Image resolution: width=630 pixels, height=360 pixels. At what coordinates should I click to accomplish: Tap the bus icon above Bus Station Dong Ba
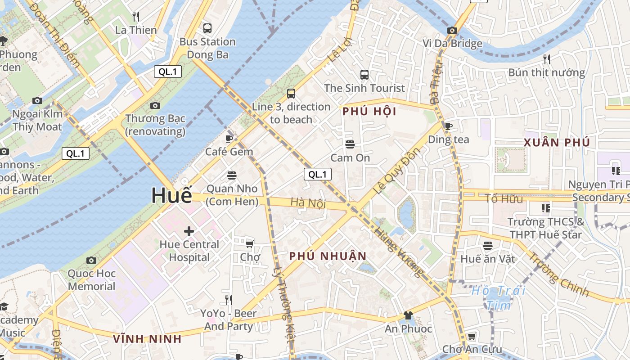[x=207, y=28]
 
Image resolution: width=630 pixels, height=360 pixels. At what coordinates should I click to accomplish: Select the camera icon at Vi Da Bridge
[x=452, y=31]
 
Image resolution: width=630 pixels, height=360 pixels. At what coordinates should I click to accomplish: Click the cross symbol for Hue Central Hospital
[x=189, y=231]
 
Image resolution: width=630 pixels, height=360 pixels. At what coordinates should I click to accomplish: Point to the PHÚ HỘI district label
[x=369, y=112]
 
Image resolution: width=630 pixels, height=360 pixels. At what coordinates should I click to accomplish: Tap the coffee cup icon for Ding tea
[x=448, y=126]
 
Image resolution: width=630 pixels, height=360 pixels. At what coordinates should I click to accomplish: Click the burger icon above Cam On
[x=350, y=144]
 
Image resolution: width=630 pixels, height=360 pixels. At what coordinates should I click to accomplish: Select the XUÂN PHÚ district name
[x=557, y=143]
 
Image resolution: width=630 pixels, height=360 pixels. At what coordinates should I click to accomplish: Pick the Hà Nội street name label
[x=308, y=203]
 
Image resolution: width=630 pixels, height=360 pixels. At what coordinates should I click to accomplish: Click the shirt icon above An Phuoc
[x=408, y=315]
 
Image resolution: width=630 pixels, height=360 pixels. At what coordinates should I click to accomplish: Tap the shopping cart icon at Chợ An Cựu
[x=472, y=337]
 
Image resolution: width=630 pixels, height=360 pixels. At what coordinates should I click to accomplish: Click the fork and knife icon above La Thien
[x=136, y=17]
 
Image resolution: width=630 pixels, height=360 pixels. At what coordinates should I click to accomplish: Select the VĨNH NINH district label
[x=147, y=339]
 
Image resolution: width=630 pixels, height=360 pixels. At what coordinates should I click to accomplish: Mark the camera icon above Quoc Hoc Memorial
[x=91, y=260]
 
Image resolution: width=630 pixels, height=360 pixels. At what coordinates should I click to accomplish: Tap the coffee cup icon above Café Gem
[x=229, y=139]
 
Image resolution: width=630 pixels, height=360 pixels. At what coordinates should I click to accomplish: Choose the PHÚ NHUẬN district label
[x=328, y=256]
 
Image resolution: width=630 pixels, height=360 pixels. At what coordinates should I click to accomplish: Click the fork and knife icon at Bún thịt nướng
[x=546, y=59]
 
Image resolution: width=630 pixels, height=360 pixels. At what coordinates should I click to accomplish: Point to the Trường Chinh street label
[x=558, y=274]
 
